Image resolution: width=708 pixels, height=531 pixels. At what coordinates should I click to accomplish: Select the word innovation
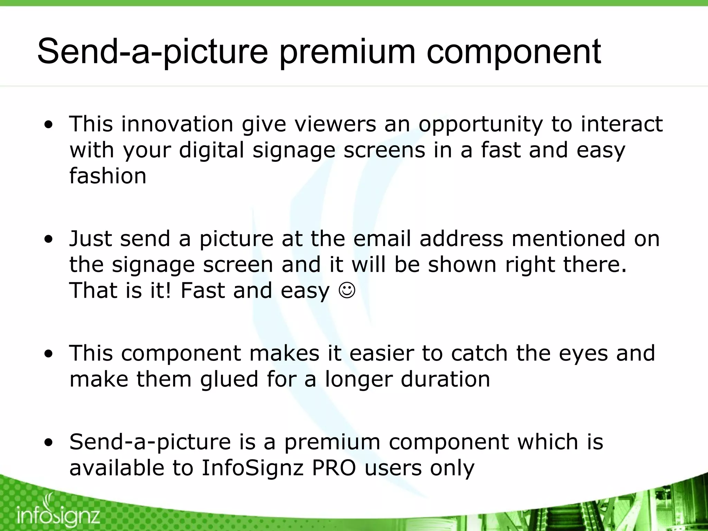click(177, 124)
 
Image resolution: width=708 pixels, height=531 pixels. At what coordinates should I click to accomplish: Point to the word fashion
click(108, 176)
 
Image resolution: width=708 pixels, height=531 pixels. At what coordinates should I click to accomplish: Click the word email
click(382, 239)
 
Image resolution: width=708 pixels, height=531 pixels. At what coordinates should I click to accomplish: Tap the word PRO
click(334, 468)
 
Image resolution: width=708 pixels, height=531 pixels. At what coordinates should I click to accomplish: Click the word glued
click(229, 379)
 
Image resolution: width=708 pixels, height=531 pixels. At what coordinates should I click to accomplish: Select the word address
click(461, 239)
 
